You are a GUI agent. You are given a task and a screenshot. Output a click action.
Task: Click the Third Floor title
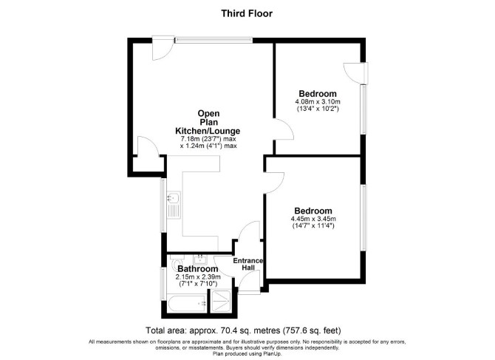[x=247, y=13]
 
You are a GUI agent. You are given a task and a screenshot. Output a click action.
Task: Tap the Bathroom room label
[x=197, y=269]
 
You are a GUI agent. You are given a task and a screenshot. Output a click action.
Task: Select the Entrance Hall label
[x=248, y=264]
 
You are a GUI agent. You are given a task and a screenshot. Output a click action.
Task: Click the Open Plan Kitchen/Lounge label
[x=208, y=122]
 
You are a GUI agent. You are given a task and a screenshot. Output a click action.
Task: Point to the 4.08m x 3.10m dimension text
[x=318, y=102]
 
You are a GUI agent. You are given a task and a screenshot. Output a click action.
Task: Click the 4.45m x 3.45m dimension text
[x=313, y=219]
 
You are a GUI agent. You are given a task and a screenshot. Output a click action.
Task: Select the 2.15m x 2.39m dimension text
[x=198, y=277]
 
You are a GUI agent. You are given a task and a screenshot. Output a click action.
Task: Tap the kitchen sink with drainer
[x=174, y=205]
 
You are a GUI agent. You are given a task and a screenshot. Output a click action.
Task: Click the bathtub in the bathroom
[x=188, y=304]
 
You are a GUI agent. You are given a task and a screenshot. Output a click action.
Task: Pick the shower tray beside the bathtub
[x=222, y=302]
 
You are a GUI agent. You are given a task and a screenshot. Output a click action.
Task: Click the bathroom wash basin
[x=199, y=259]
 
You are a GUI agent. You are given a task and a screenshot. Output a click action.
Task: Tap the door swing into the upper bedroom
[x=284, y=129]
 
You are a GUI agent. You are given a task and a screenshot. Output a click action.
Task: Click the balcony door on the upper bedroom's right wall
[x=356, y=74]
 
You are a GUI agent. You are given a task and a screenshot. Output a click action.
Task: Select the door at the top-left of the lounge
[x=163, y=48]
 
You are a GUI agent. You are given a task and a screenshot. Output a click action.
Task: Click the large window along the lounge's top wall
[x=214, y=40]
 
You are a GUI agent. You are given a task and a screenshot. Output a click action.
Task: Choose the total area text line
[x=243, y=330]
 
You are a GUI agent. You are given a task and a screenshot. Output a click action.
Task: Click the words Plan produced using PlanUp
[x=247, y=353]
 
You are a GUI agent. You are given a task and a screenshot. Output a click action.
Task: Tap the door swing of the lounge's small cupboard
[x=148, y=146]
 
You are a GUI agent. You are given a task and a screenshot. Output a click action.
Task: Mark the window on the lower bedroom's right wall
[x=363, y=217]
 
